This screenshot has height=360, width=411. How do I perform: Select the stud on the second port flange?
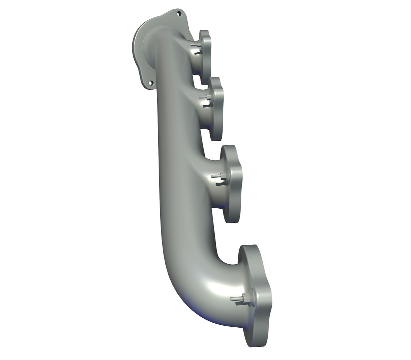[203, 97]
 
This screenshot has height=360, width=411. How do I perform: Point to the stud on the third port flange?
[215, 175]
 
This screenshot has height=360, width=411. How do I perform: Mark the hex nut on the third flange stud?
[222, 175]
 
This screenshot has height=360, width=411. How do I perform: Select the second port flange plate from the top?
[216, 107]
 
